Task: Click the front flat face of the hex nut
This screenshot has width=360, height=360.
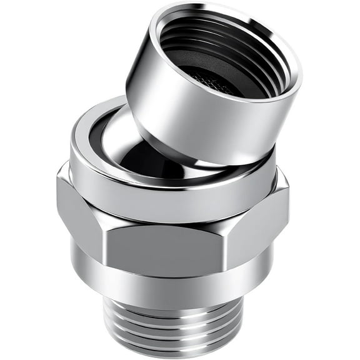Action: pos(169,247)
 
